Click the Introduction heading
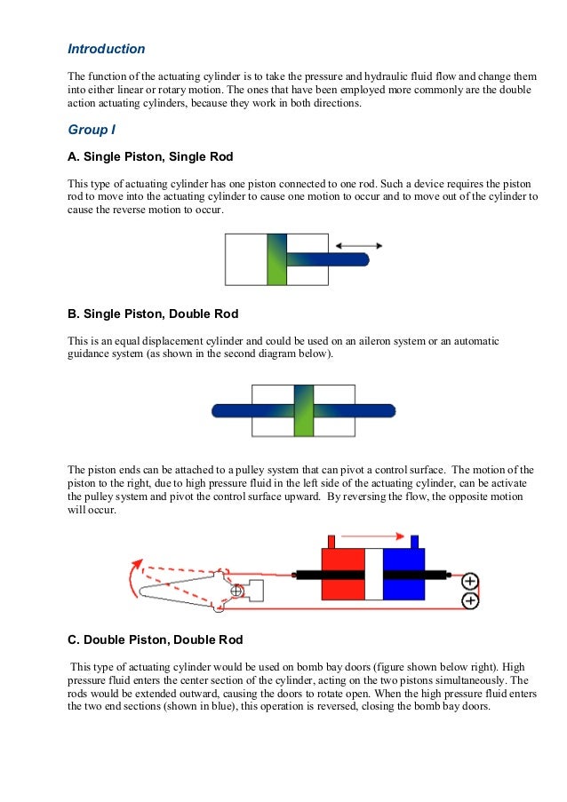(x=107, y=49)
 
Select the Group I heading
(x=92, y=130)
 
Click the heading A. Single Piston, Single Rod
(x=150, y=157)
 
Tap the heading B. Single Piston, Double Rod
(x=153, y=314)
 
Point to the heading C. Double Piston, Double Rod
(x=155, y=639)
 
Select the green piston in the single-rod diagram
(x=276, y=259)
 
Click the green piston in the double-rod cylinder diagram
(x=303, y=410)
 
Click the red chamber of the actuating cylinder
(x=342, y=574)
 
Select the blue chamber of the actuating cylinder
(x=403, y=574)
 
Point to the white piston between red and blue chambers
(x=373, y=574)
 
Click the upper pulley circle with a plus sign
(x=470, y=583)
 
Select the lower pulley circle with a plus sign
(x=470, y=601)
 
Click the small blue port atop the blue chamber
(x=414, y=541)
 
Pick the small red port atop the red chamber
(x=331, y=541)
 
